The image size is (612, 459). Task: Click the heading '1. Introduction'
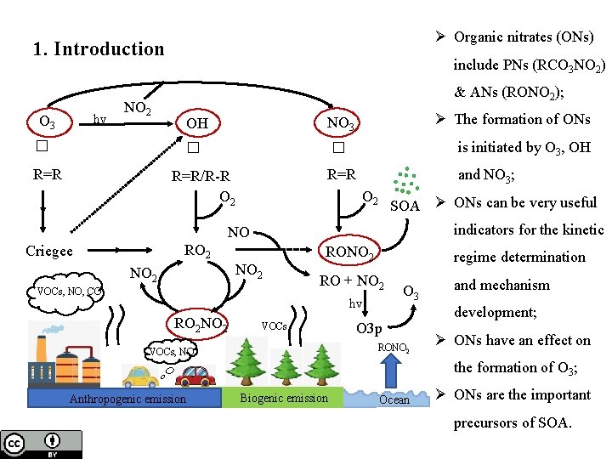pyautogui.click(x=99, y=48)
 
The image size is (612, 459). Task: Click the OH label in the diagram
pyautogui.click(x=196, y=124)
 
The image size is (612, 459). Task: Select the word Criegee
pyautogui.click(x=49, y=251)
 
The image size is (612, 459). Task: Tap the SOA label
pyautogui.click(x=405, y=206)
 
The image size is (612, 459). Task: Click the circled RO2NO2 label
pyautogui.click(x=201, y=323)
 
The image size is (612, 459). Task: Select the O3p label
pyautogui.click(x=370, y=328)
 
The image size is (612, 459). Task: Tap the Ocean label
pyautogui.click(x=394, y=399)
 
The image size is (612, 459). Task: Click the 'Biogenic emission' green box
pyautogui.click(x=284, y=398)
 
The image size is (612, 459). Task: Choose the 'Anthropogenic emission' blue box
pyautogui.click(x=127, y=399)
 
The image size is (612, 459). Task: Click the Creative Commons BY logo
pyautogui.click(x=42, y=445)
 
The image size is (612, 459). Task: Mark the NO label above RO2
pyautogui.click(x=239, y=231)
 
